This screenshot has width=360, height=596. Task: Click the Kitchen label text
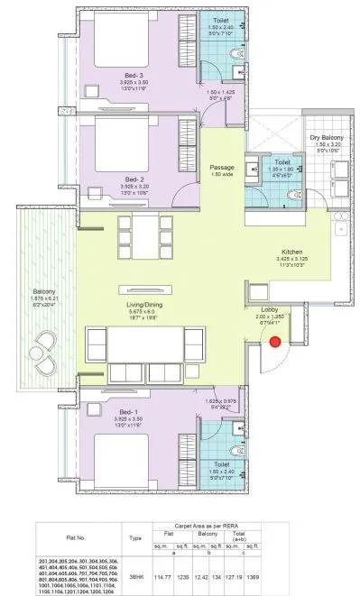290,252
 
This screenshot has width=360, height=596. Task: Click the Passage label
222,167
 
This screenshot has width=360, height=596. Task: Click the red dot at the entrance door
275,341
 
